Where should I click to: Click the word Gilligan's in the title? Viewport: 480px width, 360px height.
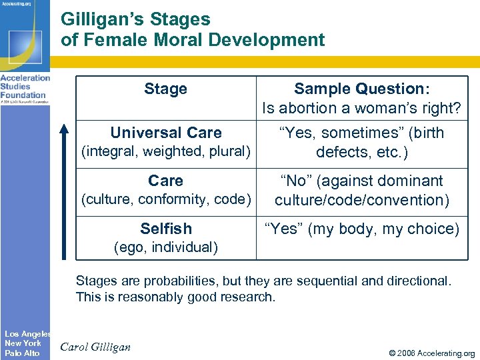[102, 19]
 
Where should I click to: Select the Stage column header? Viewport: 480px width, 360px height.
[165, 89]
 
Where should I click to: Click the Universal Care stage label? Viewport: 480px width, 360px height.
[165, 133]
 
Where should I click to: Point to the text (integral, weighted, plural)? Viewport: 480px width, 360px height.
[165, 151]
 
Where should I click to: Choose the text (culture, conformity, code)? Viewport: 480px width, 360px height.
[165, 199]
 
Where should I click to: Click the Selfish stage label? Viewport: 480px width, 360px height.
[165, 229]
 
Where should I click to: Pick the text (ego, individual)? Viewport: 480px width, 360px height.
[165, 247]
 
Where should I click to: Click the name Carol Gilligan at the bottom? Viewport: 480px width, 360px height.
[96, 347]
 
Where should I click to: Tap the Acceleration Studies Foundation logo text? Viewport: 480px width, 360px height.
[25, 87]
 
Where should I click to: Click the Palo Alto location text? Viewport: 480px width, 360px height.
[22, 353]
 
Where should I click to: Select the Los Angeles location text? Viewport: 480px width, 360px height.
[27, 333]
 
